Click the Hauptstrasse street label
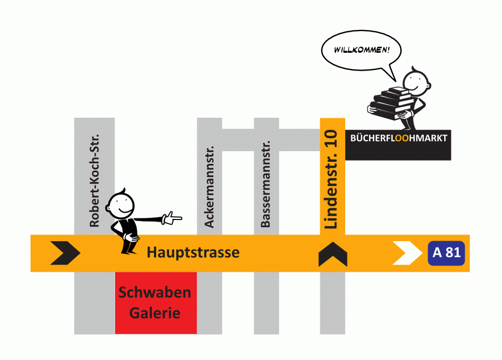point(193,253)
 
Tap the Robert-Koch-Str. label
point(94,181)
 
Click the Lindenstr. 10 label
point(332,179)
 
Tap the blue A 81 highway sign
point(446,253)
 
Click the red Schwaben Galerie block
point(155,303)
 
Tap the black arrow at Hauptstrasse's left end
point(65,253)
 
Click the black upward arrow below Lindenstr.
point(332,254)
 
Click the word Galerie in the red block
point(155,313)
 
